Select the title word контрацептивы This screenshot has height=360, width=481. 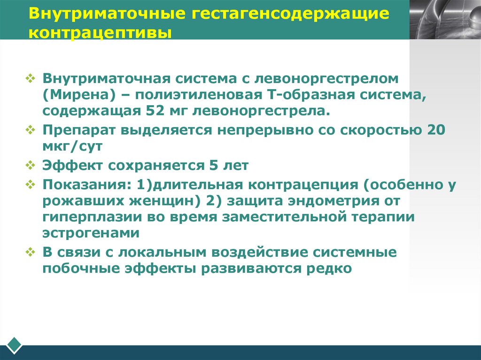coord(100,34)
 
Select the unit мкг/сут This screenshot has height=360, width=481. coord(72,146)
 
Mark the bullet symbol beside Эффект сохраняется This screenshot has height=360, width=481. coord(31,166)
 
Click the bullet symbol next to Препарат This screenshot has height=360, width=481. coord(31,130)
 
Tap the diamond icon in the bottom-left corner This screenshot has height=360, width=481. coord(15,345)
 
